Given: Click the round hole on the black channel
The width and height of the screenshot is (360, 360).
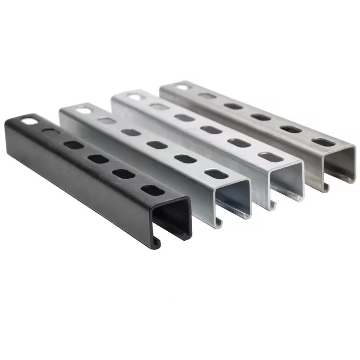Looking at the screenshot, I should [x=28, y=121].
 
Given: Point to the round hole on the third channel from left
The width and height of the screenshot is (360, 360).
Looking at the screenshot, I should [x=134, y=96].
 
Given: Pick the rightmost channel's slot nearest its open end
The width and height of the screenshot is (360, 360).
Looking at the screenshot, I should [x=323, y=142].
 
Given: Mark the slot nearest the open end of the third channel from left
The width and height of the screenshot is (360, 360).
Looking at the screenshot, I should [x=271, y=157].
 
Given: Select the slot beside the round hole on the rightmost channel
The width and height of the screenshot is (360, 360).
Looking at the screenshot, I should [x=207, y=96].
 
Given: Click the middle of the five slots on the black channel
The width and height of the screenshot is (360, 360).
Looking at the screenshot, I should [x=98, y=158].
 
